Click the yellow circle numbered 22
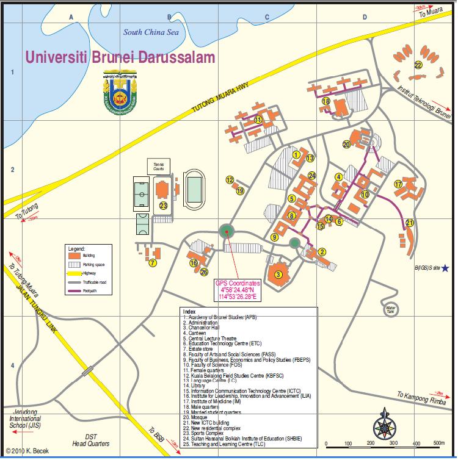click(x=418, y=65)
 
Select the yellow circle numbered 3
click(x=278, y=275)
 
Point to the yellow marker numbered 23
click(x=163, y=205)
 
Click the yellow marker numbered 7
click(x=152, y=263)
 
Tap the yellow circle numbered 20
click(x=347, y=145)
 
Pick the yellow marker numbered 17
click(x=398, y=184)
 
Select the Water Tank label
click(x=391, y=309)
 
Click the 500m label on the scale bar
click(x=438, y=443)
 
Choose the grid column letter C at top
click(x=267, y=18)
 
